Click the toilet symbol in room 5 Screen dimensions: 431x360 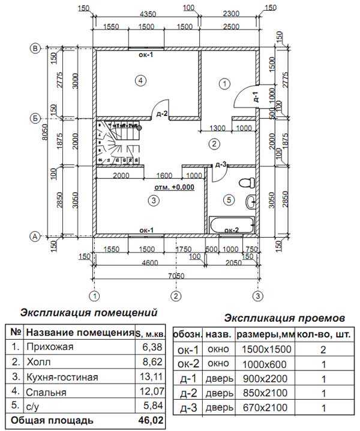pyautogui.click(x=245, y=182)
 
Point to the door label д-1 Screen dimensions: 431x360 pyautogui.click(x=255, y=98)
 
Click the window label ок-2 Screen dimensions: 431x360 pyautogui.click(x=232, y=230)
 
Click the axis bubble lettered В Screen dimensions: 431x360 pyautogui.click(x=35, y=48)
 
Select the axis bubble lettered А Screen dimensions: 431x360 pyautogui.click(x=35, y=237)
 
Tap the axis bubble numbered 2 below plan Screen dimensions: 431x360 pyautogui.click(x=176, y=295)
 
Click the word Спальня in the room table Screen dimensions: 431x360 pyautogui.click(x=45, y=391)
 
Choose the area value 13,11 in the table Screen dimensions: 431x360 pyautogui.click(x=149, y=377)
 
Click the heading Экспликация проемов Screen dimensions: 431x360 pyautogui.click(x=284, y=317)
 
